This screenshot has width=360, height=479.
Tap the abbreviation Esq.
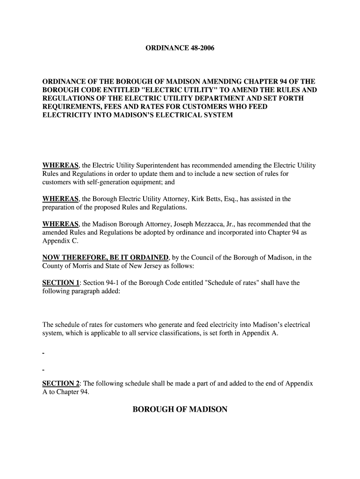236,199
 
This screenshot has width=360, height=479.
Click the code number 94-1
116,283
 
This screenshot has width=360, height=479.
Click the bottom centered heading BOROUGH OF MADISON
180,410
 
